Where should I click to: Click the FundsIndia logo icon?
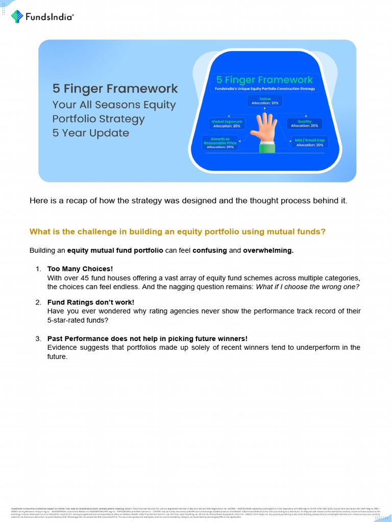point(17,16)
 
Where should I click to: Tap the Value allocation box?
point(264,101)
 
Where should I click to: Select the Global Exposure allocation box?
point(227,123)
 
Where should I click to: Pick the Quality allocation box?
point(305,123)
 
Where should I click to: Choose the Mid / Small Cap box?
point(309,142)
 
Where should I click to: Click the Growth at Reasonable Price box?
point(220,142)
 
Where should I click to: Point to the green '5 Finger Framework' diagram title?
point(264,80)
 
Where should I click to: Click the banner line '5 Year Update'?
point(90,133)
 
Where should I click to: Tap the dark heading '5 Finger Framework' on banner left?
point(115,89)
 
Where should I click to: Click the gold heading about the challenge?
point(177,231)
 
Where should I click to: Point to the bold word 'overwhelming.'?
point(268,251)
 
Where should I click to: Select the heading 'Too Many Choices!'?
point(80,269)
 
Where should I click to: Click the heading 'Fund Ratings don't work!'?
point(90,302)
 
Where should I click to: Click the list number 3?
point(38,338)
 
